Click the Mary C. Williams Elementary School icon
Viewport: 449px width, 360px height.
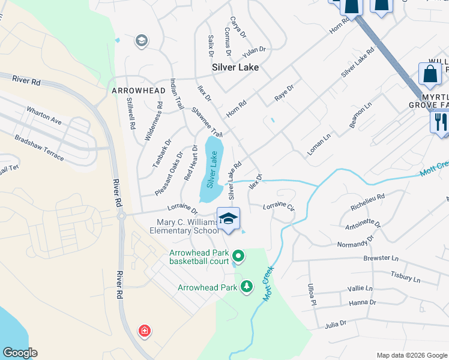coord(228,218)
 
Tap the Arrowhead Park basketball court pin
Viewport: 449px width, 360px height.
coord(238,257)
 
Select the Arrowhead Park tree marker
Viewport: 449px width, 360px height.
coord(246,287)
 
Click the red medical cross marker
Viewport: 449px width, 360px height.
coord(144,331)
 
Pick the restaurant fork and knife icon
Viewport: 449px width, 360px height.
coord(440,122)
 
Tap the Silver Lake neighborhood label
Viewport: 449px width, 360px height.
coord(235,67)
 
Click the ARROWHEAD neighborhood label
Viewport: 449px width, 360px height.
coord(130,91)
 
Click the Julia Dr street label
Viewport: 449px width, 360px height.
coord(336,324)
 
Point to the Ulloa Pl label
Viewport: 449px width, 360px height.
coord(311,295)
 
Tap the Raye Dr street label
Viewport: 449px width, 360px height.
coord(284,92)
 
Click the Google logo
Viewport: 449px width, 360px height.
coord(20,353)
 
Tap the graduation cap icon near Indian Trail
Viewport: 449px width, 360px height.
coord(142,41)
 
